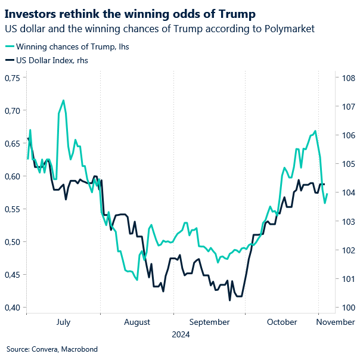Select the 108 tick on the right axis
click(x=347, y=78)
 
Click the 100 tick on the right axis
click(x=347, y=308)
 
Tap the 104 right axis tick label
click(x=347, y=193)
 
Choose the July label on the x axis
click(x=63, y=322)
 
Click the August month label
click(x=137, y=322)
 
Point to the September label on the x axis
click(x=209, y=322)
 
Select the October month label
click(x=282, y=322)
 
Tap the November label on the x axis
click(x=336, y=322)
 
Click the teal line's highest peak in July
click(x=63, y=100)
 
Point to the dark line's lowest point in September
click(x=229, y=300)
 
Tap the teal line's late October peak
click(x=315, y=131)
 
